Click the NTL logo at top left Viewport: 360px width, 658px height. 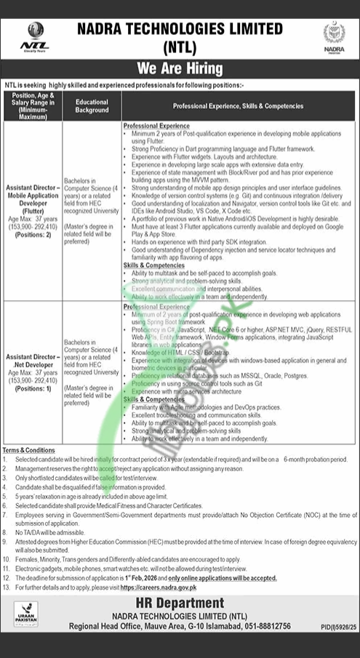point(35,34)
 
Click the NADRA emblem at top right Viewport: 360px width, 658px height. point(333,35)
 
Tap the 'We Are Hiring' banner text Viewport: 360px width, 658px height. point(180,70)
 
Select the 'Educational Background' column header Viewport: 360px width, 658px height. point(92,106)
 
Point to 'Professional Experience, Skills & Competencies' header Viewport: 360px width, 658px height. point(239,106)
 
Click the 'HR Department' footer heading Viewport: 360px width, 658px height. point(180,603)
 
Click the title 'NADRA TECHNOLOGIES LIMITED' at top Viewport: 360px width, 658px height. point(180,28)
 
